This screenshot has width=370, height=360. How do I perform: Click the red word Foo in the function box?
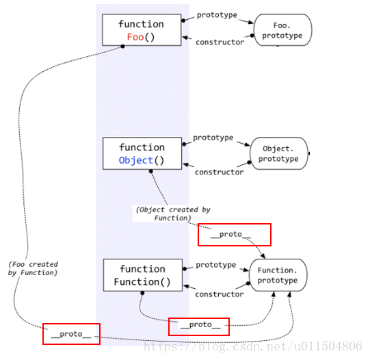[x=135, y=37]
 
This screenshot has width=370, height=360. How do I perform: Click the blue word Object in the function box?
[x=135, y=161]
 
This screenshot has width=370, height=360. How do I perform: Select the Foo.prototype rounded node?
[x=282, y=30]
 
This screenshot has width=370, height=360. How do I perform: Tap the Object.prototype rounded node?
[x=279, y=153]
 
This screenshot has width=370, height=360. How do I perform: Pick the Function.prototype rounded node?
[x=278, y=275]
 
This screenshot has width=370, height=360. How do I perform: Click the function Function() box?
[x=143, y=275]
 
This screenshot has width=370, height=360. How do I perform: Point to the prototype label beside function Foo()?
[x=217, y=15]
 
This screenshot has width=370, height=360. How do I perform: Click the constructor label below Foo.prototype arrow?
[x=220, y=42]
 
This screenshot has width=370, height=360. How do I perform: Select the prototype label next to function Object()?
[x=213, y=138]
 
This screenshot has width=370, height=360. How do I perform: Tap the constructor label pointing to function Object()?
[x=220, y=172]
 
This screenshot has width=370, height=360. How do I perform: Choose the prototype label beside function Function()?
[x=216, y=265]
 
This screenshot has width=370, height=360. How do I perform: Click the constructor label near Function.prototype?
[x=220, y=294]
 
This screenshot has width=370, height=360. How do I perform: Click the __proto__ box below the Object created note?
[x=235, y=235]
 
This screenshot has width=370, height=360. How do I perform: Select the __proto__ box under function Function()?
[x=199, y=326]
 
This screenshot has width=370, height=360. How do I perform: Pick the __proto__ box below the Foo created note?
[x=72, y=334]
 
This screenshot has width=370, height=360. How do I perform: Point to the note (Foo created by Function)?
[x=33, y=268]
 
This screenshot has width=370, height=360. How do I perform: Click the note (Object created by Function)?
[x=173, y=214]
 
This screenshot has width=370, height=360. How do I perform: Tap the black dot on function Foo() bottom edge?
[x=122, y=47]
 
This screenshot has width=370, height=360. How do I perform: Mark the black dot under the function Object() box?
[x=150, y=171]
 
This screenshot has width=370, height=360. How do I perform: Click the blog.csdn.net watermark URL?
[x=253, y=346]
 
